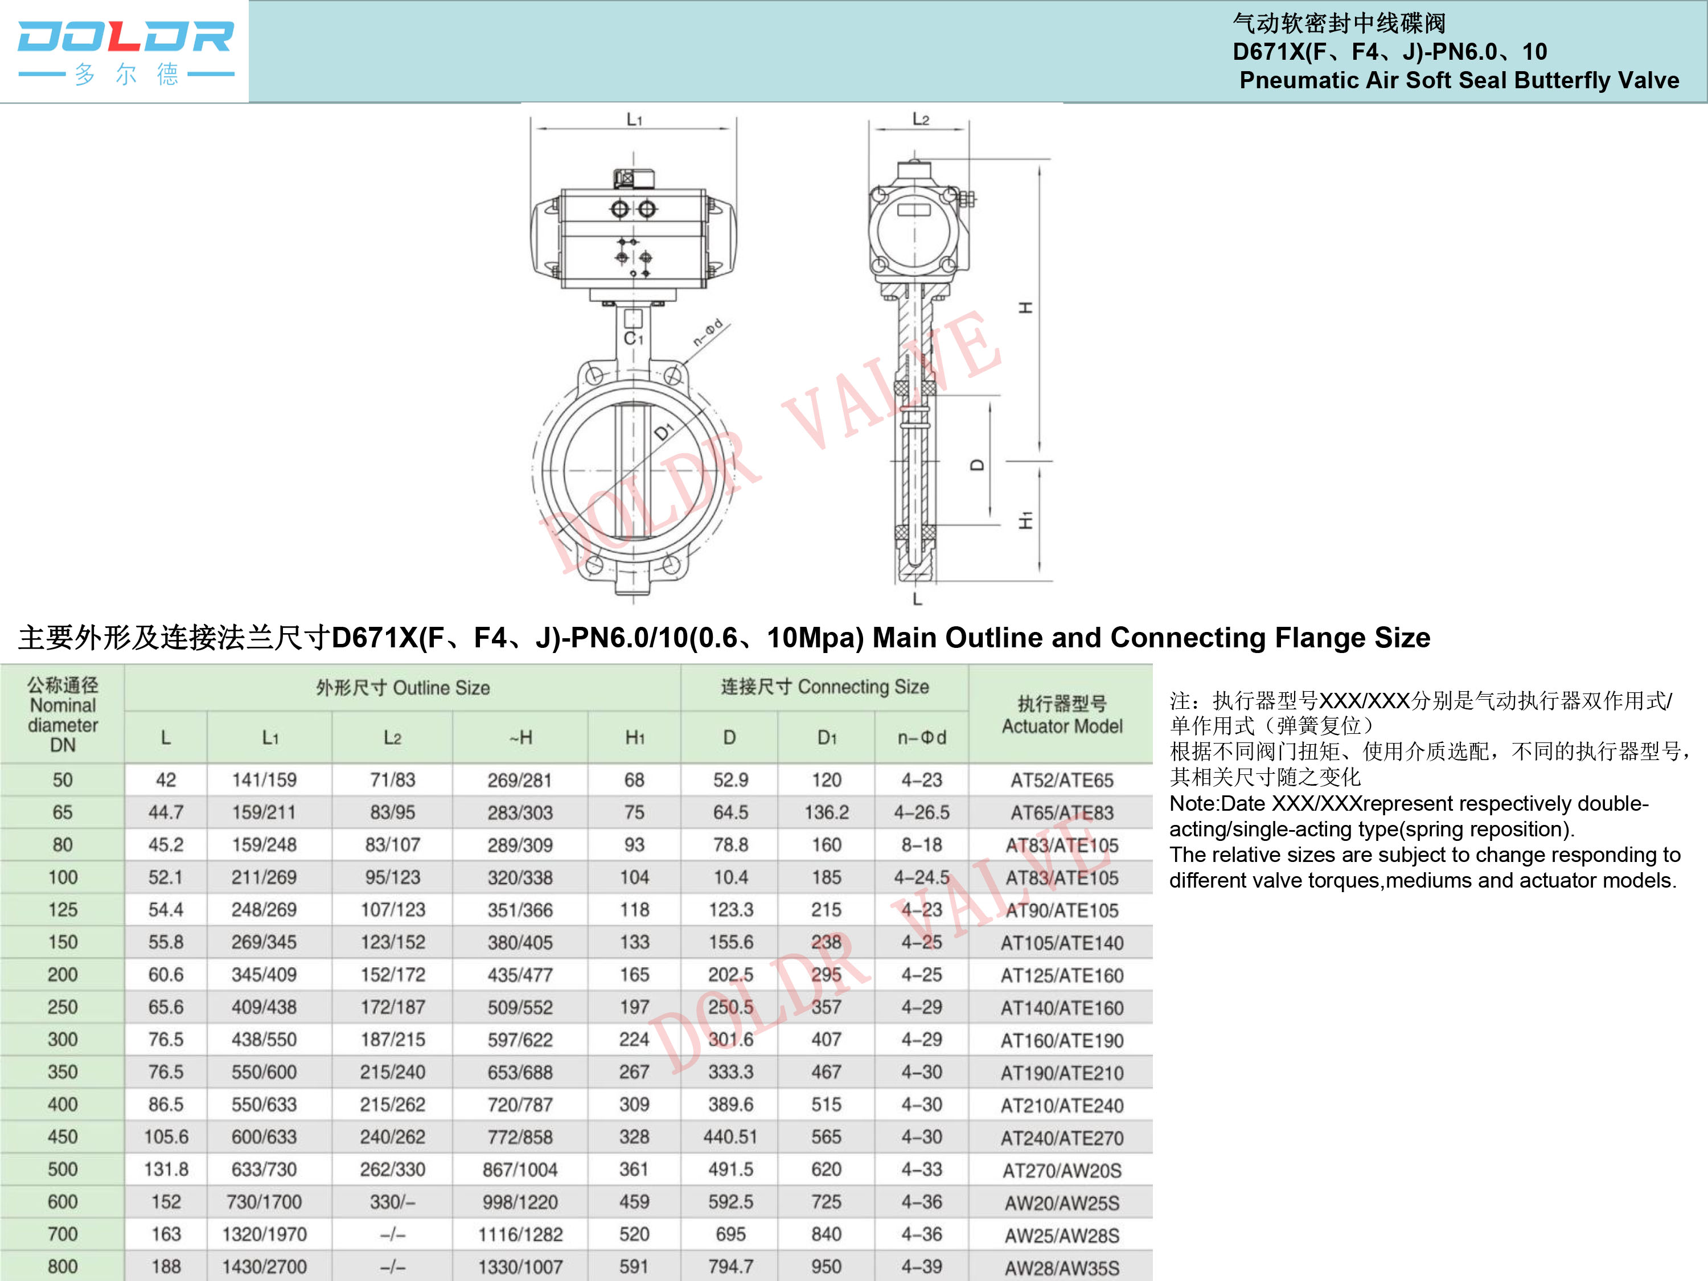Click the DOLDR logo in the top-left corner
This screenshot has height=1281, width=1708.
click(x=125, y=52)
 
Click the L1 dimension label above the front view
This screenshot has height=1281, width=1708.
click(x=634, y=119)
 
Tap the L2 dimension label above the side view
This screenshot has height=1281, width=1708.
click(x=921, y=118)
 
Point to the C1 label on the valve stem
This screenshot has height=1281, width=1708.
click(x=633, y=338)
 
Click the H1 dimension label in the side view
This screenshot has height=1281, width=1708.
click(x=1025, y=520)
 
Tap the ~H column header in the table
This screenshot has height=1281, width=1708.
click(x=520, y=737)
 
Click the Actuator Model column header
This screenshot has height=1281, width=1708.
click(x=1062, y=715)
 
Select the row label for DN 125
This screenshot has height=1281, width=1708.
click(x=63, y=910)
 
